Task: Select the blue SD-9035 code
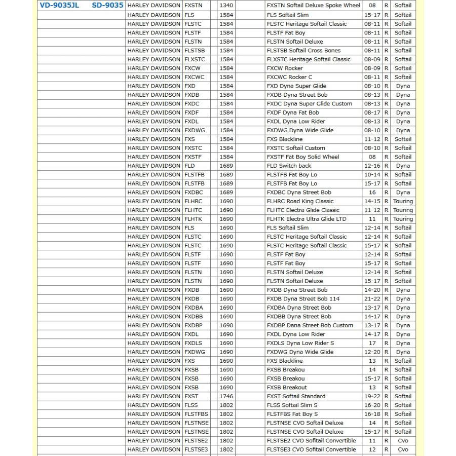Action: (107, 6)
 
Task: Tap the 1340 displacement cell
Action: (226, 6)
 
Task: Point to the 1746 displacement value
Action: (226, 396)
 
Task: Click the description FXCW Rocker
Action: (285, 68)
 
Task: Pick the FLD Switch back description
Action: (289, 166)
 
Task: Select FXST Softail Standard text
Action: (296, 396)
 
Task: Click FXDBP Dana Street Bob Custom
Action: (310, 325)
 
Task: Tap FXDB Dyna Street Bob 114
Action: (303, 298)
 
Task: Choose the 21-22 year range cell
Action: (372, 298)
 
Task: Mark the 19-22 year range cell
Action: (372, 396)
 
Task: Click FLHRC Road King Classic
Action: (300, 201)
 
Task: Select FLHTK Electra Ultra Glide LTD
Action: (307, 219)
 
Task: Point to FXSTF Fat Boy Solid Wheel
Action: (303, 157)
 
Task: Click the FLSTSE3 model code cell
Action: (196, 449)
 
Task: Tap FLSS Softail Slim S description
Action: (292, 405)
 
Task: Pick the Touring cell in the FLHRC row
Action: (403, 201)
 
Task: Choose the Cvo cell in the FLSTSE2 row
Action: (403, 440)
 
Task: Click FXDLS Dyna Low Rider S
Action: (300, 343)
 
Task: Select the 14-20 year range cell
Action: (372, 290)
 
